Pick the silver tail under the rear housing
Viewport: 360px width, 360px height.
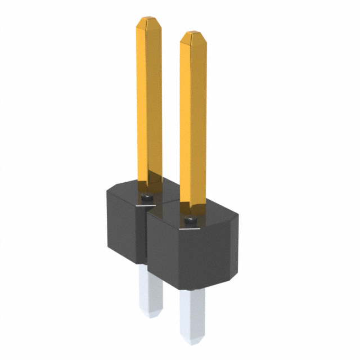pyautogui.click(x=151, y=290)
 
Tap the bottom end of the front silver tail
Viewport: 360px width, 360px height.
pyautogui.click(x=193, y=340)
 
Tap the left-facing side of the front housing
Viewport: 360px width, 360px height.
pyautogui.click(x=163, y=253)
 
